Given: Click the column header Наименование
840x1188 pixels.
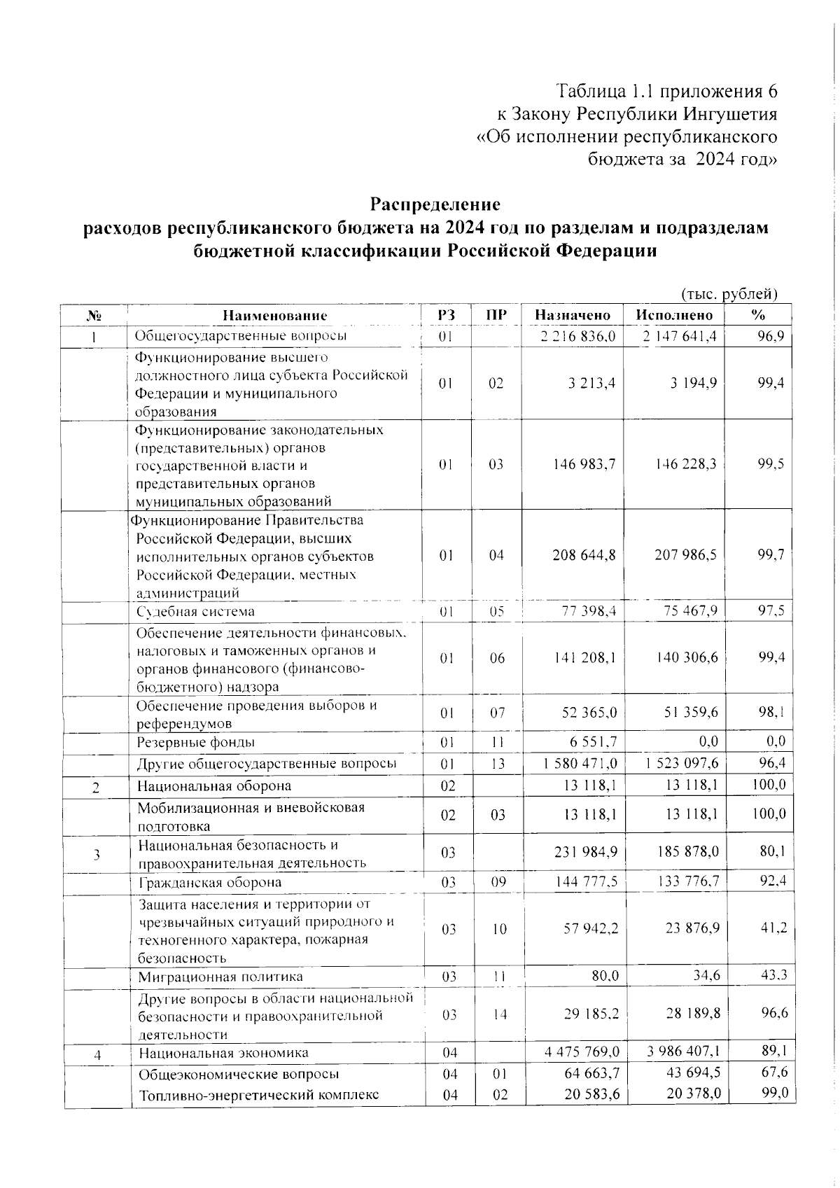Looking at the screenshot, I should pyautogui.click(x=274, y=316).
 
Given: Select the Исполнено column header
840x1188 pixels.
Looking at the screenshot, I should pyautogui.click(x=674, y=316).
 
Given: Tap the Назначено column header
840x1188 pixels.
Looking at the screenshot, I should pyautogui.click(x=573, y=316).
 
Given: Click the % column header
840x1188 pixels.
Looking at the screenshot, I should pyautogui.click(x=757, y=316).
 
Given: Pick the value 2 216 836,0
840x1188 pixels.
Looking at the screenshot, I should pyautogui.click(x=578, y=336).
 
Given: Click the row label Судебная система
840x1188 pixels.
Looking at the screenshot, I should pyautogui.click(x=195, y=612).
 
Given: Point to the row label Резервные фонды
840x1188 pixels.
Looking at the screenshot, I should pyautogui.click(x=195, y=742).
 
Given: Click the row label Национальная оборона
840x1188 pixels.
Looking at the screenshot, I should pyautogui.click(x=214, y=786).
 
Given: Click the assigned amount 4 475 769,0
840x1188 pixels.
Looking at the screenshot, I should pyautogui.click(x=582, y=1052).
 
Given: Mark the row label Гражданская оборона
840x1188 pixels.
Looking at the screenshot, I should pyautogui.click(x=210, y=882).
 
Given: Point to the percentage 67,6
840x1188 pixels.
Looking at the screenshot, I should pyautogui.click(x=774, y=1072).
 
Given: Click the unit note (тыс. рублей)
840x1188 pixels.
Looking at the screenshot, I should pyautogui.click(x=729, y=294).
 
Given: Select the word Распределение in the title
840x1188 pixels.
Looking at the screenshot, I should pyautogui.click(x=435, y=205).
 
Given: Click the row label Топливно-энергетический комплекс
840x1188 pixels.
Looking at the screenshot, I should pyautogui.click(x=259, y=1095).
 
